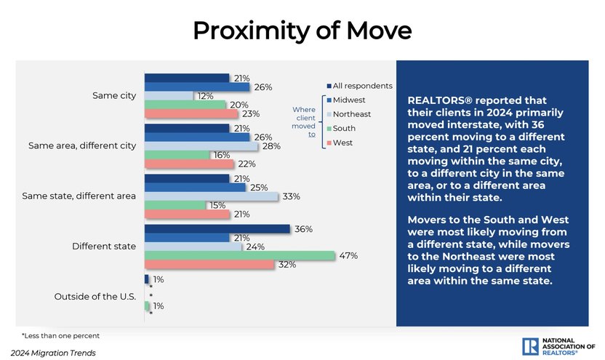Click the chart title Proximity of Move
302,31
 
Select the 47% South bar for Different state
239,255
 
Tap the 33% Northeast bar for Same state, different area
211,196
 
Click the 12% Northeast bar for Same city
169,96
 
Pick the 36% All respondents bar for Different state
217,229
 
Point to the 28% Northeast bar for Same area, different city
201,146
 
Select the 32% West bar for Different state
209,265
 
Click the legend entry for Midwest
349,100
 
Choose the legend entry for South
344,128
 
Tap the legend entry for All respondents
362,86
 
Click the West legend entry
342,143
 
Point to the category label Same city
114,96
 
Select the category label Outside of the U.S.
95,296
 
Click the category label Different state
104,247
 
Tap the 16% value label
222,155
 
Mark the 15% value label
217,205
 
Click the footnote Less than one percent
60,336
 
